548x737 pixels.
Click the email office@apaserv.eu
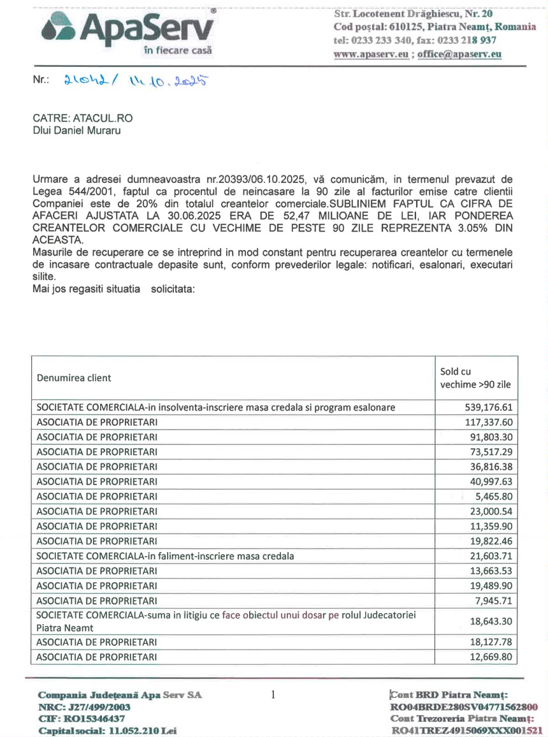459,54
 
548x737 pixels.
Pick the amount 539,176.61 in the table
486,407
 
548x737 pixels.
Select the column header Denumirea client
74,377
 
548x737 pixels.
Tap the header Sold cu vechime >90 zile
475,377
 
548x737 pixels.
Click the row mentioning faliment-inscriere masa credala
165,555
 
